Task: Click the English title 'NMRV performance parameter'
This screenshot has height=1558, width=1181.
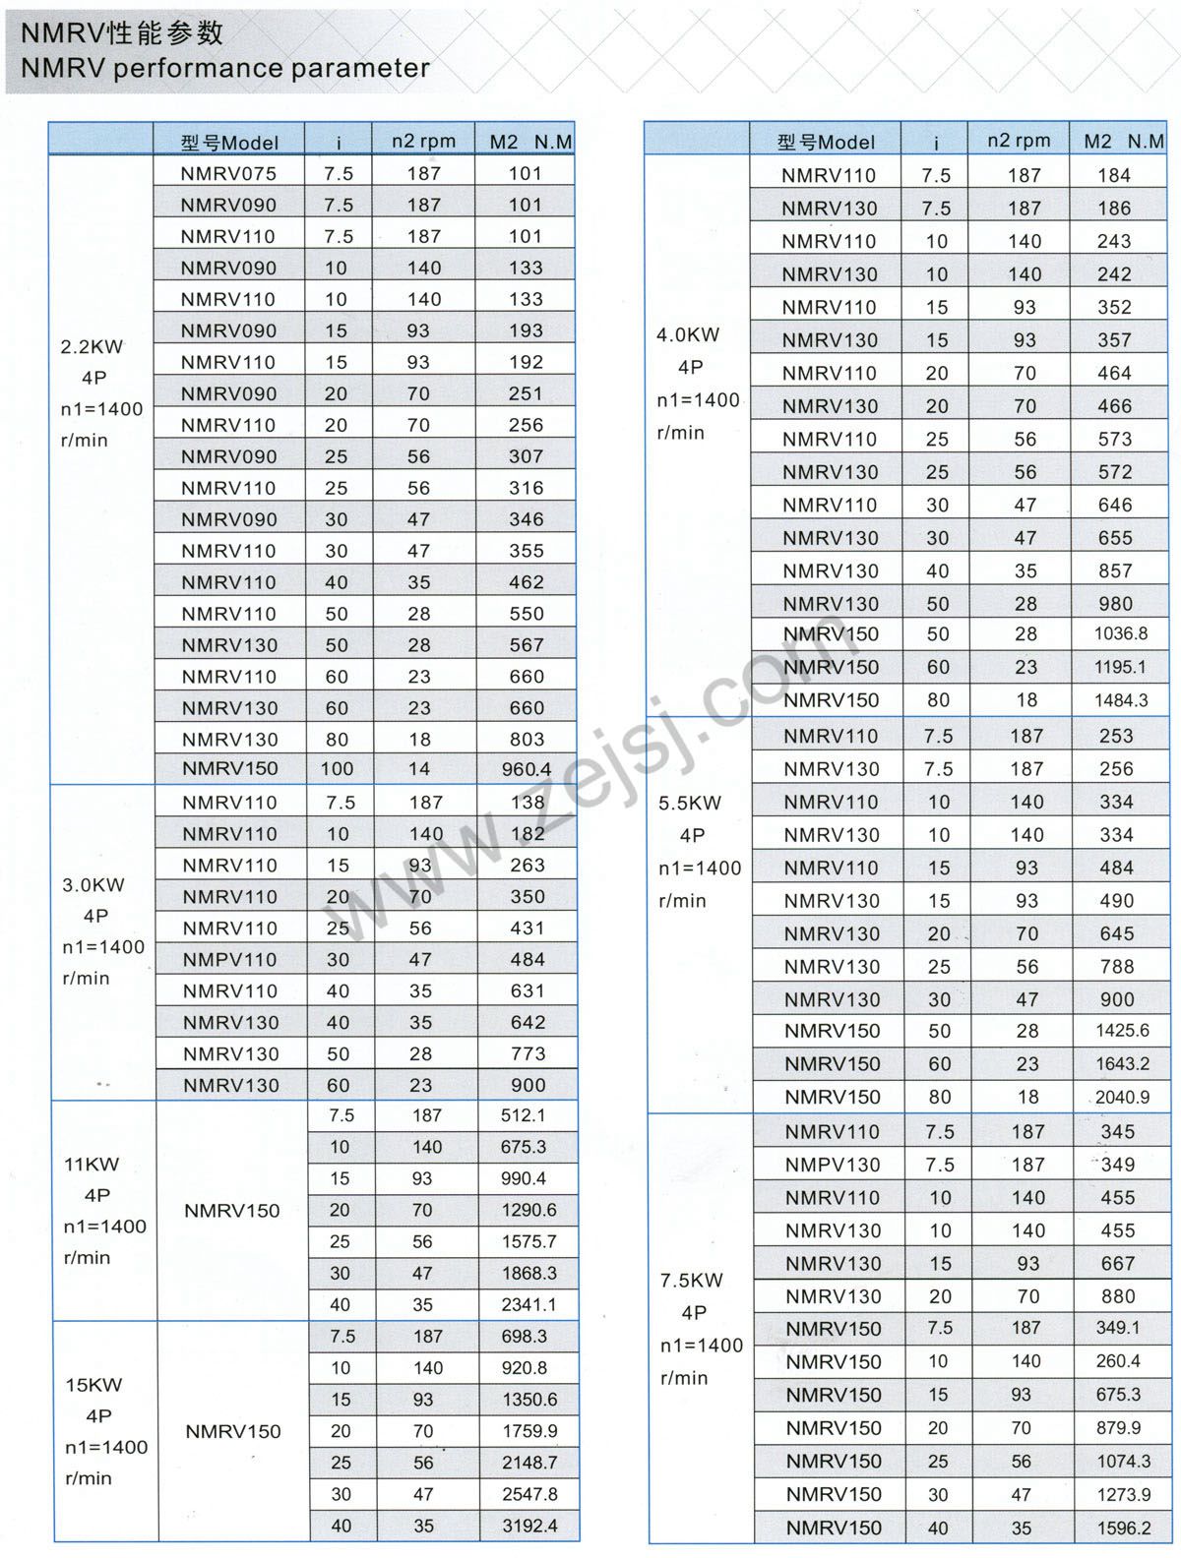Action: coord(224,69)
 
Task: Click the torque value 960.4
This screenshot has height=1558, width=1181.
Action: coord(527,769)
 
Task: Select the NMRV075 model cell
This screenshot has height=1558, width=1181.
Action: coord(228,173)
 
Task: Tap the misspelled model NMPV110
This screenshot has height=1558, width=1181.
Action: coord(230,959)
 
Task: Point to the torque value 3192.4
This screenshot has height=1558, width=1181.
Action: coord(529,1526)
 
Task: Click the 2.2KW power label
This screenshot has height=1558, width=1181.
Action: coord(93,346)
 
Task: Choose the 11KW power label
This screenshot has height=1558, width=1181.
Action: coord(92,1165)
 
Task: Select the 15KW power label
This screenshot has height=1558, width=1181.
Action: coord(93,1385)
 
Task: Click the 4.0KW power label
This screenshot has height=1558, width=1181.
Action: coord(688,334)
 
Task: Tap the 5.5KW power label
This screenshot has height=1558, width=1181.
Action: coord(690,803)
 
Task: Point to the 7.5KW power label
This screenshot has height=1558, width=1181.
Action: coord(691,1281)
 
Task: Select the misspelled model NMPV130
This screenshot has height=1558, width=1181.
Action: coord(833,1165)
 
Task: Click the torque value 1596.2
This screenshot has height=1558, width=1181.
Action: coord(1123,1528)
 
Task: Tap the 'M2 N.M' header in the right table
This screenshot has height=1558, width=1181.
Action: coord(1123,142)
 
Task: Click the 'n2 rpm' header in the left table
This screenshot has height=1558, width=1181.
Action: coord(423,141)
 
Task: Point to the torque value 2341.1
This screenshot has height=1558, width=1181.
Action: coord(528,1305)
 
